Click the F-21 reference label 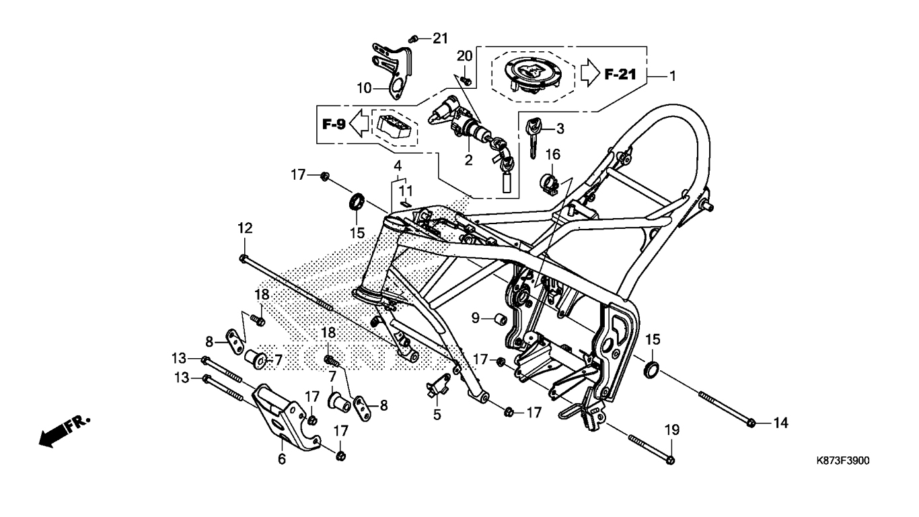tap(619, 74)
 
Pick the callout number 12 tap(244, 228)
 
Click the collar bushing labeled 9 tap(499, 318)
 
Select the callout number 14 tap(779, 423)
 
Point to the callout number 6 tap(282, 459)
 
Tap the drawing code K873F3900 tap(842, 461)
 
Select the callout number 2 tap(468, 160)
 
